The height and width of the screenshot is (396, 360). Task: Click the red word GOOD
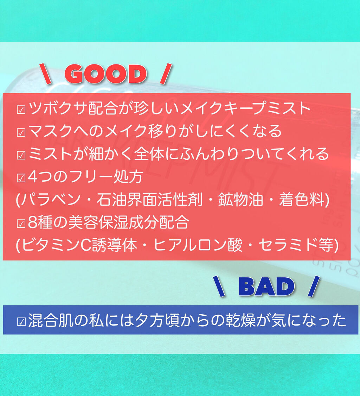point(106,74)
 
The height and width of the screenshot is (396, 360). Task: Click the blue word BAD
point(266,287)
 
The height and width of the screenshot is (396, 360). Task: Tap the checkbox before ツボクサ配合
point(21,109)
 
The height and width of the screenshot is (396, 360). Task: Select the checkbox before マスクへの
point(21,132)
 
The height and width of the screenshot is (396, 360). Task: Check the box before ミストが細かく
point(21,155)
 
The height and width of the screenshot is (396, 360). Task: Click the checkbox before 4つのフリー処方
point(21,178)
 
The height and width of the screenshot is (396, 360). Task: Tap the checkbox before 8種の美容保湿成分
point(21,223)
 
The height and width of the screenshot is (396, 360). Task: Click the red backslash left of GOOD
point(45,74)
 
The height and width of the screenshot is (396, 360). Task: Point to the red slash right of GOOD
point(166,74)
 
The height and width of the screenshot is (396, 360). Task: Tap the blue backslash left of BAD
point(219,287)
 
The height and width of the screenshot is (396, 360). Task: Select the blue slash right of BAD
point(314,287)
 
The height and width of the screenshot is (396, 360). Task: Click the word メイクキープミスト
point(245,109)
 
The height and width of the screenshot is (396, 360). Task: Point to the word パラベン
point(50,200)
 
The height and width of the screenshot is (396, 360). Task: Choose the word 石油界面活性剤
point(150,200)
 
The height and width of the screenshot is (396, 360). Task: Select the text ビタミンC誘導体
point(79,245)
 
